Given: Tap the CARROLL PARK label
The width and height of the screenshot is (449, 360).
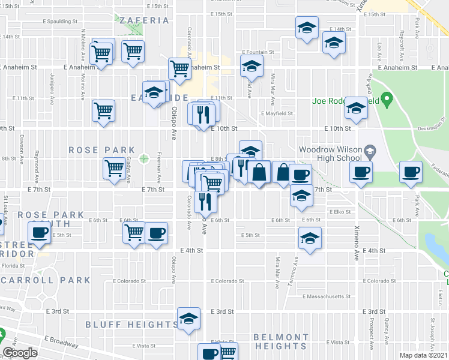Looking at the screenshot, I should point(55,280).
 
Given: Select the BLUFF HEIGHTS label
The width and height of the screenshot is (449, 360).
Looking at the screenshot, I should point(131,325).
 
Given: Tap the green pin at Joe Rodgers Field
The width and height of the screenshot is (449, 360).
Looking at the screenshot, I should point(387,98).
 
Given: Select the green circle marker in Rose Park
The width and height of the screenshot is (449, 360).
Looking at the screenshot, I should point(144,159).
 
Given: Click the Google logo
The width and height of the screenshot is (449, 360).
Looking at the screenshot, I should point(20,353).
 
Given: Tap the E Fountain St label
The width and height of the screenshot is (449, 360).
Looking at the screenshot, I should point(258,52).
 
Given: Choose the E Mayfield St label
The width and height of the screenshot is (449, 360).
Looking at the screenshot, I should point(277,113).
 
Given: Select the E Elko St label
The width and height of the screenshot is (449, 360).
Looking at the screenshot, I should point(339,211).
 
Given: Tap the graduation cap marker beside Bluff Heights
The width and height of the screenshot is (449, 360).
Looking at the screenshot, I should point(188,319).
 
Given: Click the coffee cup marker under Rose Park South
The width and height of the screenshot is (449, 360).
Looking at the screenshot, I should point(40,233).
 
